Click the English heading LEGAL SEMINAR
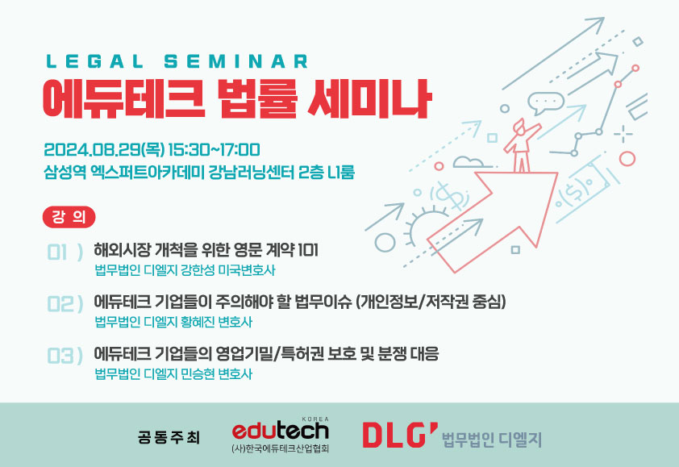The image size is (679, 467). coord(177,61)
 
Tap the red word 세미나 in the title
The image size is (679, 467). coord(369,98)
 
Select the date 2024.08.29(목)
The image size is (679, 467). coord(104,150)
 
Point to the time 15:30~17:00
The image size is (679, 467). coord(214,150)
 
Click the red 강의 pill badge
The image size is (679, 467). coord(69,217)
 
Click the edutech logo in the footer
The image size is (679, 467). coord(281,429)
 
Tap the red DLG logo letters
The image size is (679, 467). coord(399,435)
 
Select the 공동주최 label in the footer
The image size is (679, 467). coord(169,437)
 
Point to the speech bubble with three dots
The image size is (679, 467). coord(546,103)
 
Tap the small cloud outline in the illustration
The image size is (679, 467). coord(469,162)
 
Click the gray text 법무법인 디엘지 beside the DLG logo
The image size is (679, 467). coord(492,440)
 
